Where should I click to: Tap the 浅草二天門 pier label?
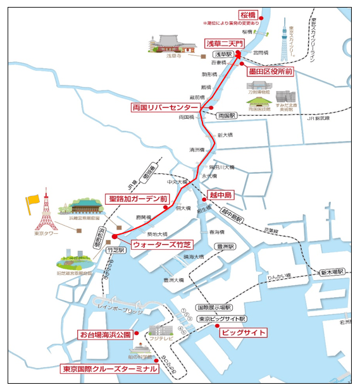tap(223, 44)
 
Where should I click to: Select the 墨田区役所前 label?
tap(270, 72)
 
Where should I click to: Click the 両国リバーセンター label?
tap(164, 107)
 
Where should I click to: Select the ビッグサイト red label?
tap(243, 333)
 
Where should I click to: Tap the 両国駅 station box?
tap(226, 116)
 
